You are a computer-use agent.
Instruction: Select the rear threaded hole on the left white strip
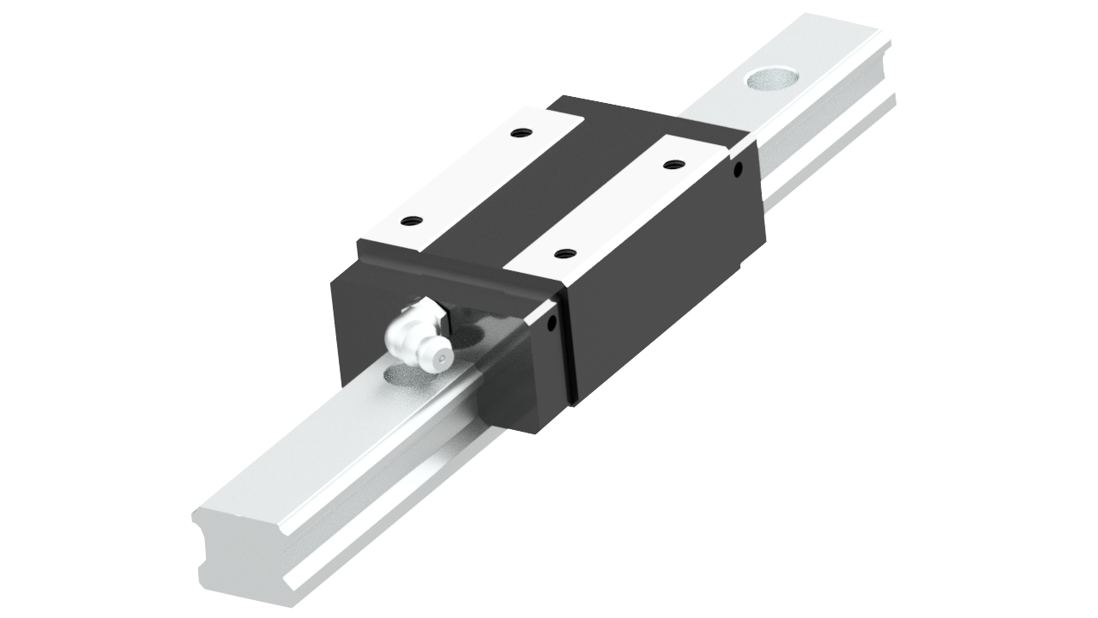[x=518, y=133]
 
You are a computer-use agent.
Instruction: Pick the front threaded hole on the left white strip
[x=412, y=221]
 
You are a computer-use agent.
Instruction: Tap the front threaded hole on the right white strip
[x=564, y=253]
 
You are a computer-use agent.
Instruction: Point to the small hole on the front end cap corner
[x=552, y=324]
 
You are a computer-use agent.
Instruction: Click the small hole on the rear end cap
[x=737, y=169]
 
